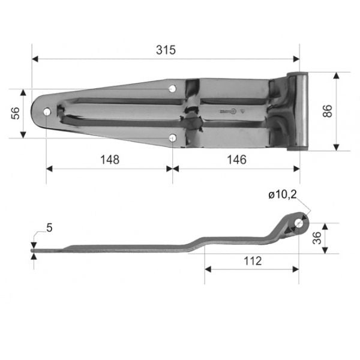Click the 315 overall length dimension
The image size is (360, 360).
point(166,50)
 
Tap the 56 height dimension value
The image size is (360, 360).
point(16,113)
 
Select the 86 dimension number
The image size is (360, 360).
point(328,111)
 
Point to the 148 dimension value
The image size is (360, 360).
point(110,160)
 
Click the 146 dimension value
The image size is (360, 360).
point(236,160)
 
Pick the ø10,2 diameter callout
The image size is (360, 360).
point(283,194)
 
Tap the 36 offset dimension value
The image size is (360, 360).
point(317,238)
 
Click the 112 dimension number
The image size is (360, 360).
point(253,261)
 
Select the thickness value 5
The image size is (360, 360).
point(49,228)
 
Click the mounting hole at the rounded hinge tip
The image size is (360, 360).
point(47,112)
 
